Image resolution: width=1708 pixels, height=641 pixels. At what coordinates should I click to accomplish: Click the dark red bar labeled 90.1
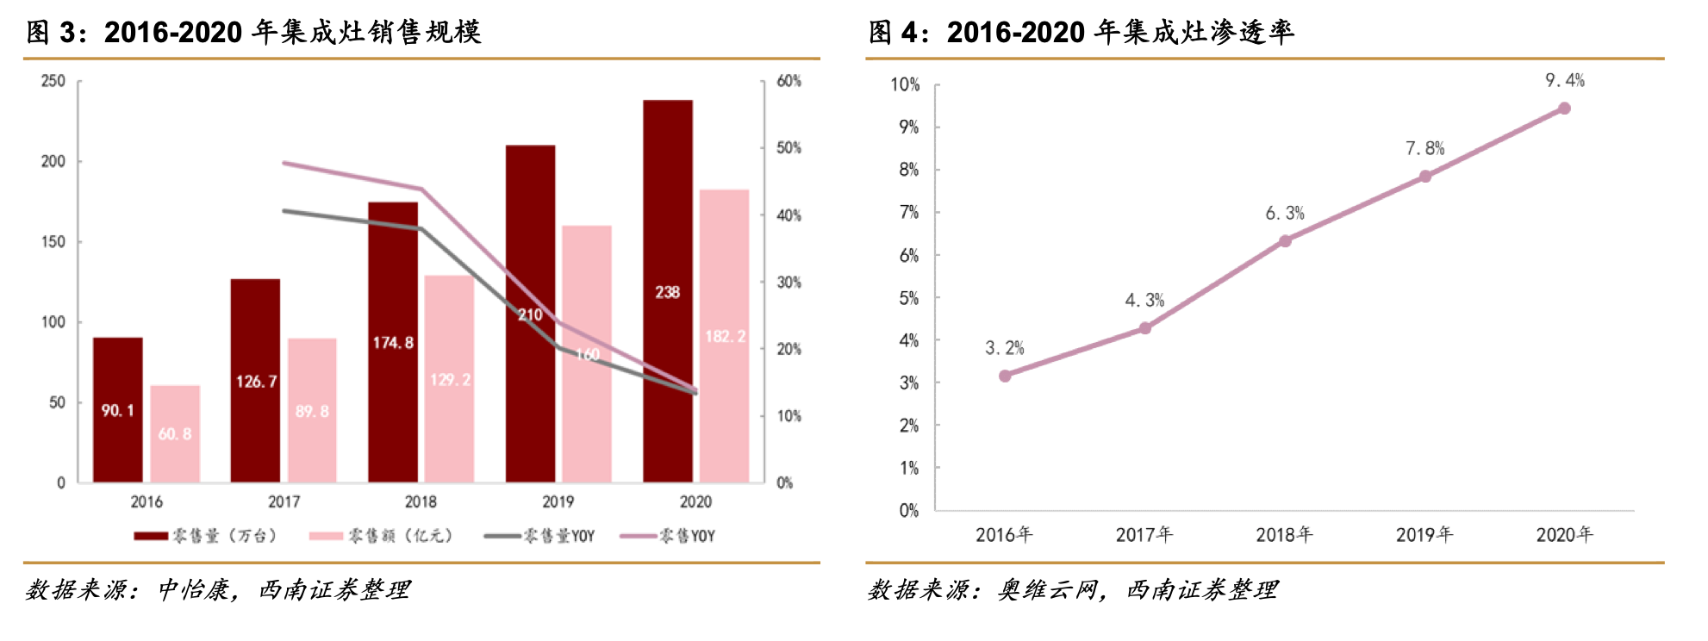[118, 410]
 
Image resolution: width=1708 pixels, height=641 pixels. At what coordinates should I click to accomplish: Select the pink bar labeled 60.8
[175, 433]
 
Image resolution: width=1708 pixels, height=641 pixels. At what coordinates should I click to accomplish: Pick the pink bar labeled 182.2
[725, 336]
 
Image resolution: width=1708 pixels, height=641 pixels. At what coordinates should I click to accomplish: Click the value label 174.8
[393, 343]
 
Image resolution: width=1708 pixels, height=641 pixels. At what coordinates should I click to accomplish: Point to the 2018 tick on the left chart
[421, 501]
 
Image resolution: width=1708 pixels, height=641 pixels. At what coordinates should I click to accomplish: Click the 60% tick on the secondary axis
[789, 81]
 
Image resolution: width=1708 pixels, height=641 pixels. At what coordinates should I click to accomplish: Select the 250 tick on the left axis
[53, 81]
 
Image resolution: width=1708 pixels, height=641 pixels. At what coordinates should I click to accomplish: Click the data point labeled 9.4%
[1564, 109]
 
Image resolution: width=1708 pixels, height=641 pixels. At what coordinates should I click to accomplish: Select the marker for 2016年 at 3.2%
[1005, 376]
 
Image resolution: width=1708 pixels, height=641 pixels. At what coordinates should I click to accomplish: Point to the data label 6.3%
[1284, 213]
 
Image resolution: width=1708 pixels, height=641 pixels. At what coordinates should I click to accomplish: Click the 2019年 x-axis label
[1424, 535]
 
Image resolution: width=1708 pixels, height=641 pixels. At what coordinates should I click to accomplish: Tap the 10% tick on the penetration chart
[905, 84]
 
